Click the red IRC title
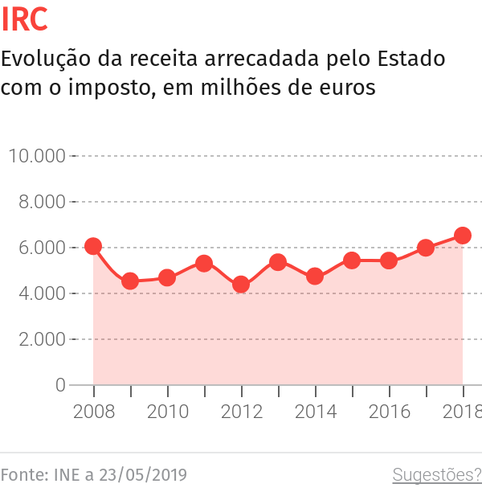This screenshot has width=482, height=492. (x=25, y=20)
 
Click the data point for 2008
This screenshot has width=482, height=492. (x=93, y=246)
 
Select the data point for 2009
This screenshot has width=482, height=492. (x=130, y=281)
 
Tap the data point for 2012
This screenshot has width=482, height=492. (x=241, y=285)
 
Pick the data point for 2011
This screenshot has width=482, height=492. (x=204, y=264)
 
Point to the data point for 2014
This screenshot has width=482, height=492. (x=315, y=277)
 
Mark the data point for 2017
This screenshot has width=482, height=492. (x=426, y=248)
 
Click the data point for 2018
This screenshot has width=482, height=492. (x=463, y=236)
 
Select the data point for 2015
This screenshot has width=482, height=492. (x=352, y=260)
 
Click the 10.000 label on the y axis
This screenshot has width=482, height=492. (x=36, y=155)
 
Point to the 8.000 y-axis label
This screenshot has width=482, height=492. (x=41, y=202)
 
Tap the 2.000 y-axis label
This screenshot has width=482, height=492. (x=41, y=339)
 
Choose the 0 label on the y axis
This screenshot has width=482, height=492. (x=60, y=385)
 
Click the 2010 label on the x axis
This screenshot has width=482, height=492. (x=167, y=412)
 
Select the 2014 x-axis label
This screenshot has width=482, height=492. (x=315, y=412)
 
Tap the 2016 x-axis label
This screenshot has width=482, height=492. (x=389, y=412)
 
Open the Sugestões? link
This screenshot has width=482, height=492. (x=436, y=474)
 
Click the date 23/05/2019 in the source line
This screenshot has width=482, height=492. (x=142, y=474)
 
